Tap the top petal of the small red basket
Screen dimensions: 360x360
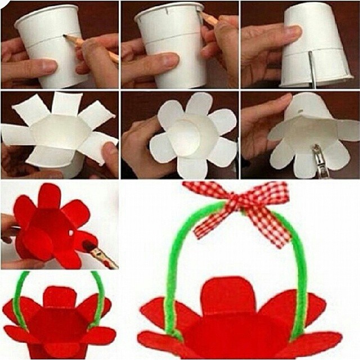pyautogui.click(x=59, y=296)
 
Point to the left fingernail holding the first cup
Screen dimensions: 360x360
pyautogui.click(x=47, y=66)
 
